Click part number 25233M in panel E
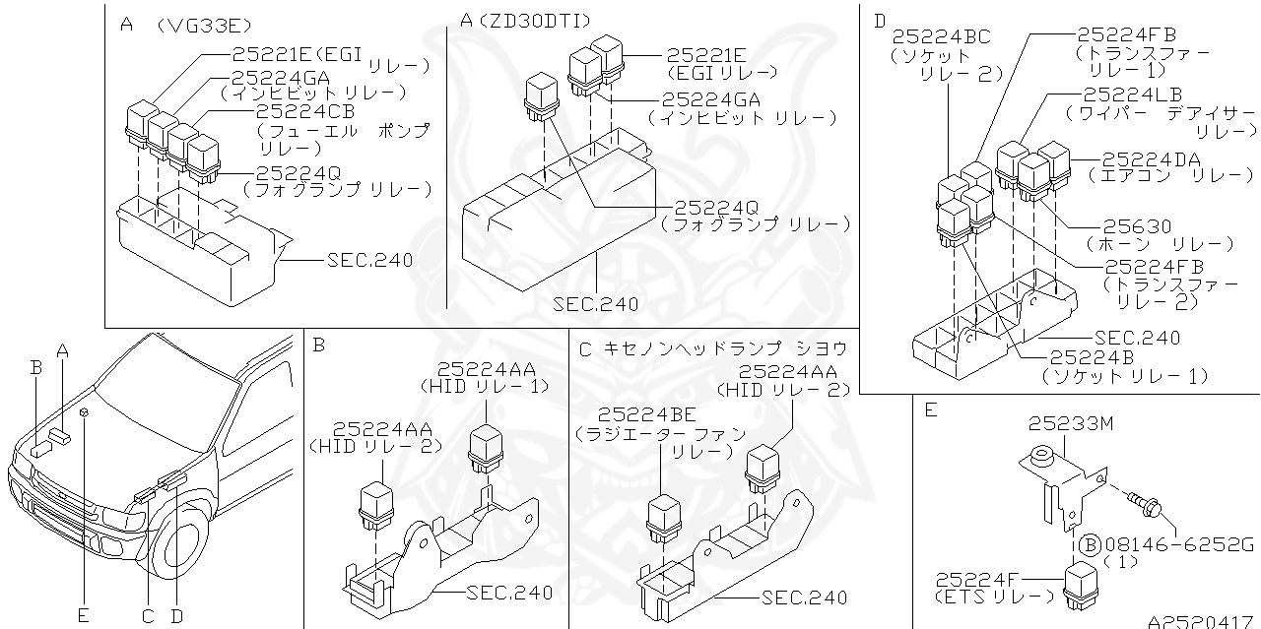point(1071,424)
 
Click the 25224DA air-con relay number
point(1152,159)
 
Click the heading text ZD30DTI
point(523,19)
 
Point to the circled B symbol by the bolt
point(1089,543)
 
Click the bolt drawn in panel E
point(1143,501)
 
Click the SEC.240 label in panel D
point(1137,338)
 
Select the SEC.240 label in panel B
point(509,593)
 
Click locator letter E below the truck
point(84,616)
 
